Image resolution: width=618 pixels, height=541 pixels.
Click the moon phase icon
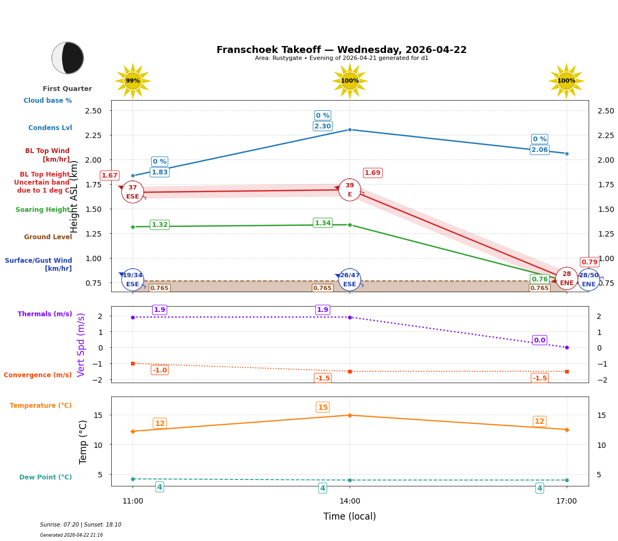67,58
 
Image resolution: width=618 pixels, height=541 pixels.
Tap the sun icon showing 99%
133,81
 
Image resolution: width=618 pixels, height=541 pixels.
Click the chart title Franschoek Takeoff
341,50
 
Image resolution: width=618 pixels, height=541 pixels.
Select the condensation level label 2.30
322,126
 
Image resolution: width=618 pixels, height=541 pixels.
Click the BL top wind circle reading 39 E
350,189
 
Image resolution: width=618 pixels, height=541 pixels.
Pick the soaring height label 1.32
159,225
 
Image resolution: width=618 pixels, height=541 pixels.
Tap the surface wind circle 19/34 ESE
133,279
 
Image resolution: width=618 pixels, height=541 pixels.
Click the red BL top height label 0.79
589,262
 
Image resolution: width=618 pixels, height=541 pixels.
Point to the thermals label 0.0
539,340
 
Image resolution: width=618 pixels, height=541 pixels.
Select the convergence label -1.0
160,370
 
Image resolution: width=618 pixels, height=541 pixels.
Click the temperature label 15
322,407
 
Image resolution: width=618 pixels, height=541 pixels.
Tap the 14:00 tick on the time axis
350,501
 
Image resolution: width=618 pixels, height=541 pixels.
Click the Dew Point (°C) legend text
45,477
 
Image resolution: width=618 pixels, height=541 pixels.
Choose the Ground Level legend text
48,237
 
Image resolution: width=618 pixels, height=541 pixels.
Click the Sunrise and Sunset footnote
81,525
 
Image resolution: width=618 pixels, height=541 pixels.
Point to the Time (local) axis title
350,516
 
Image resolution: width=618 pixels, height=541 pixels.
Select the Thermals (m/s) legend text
45,314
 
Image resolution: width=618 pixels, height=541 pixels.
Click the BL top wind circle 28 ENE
566,278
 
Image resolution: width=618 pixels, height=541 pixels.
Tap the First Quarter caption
67,89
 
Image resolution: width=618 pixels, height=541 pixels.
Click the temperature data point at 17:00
567,430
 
